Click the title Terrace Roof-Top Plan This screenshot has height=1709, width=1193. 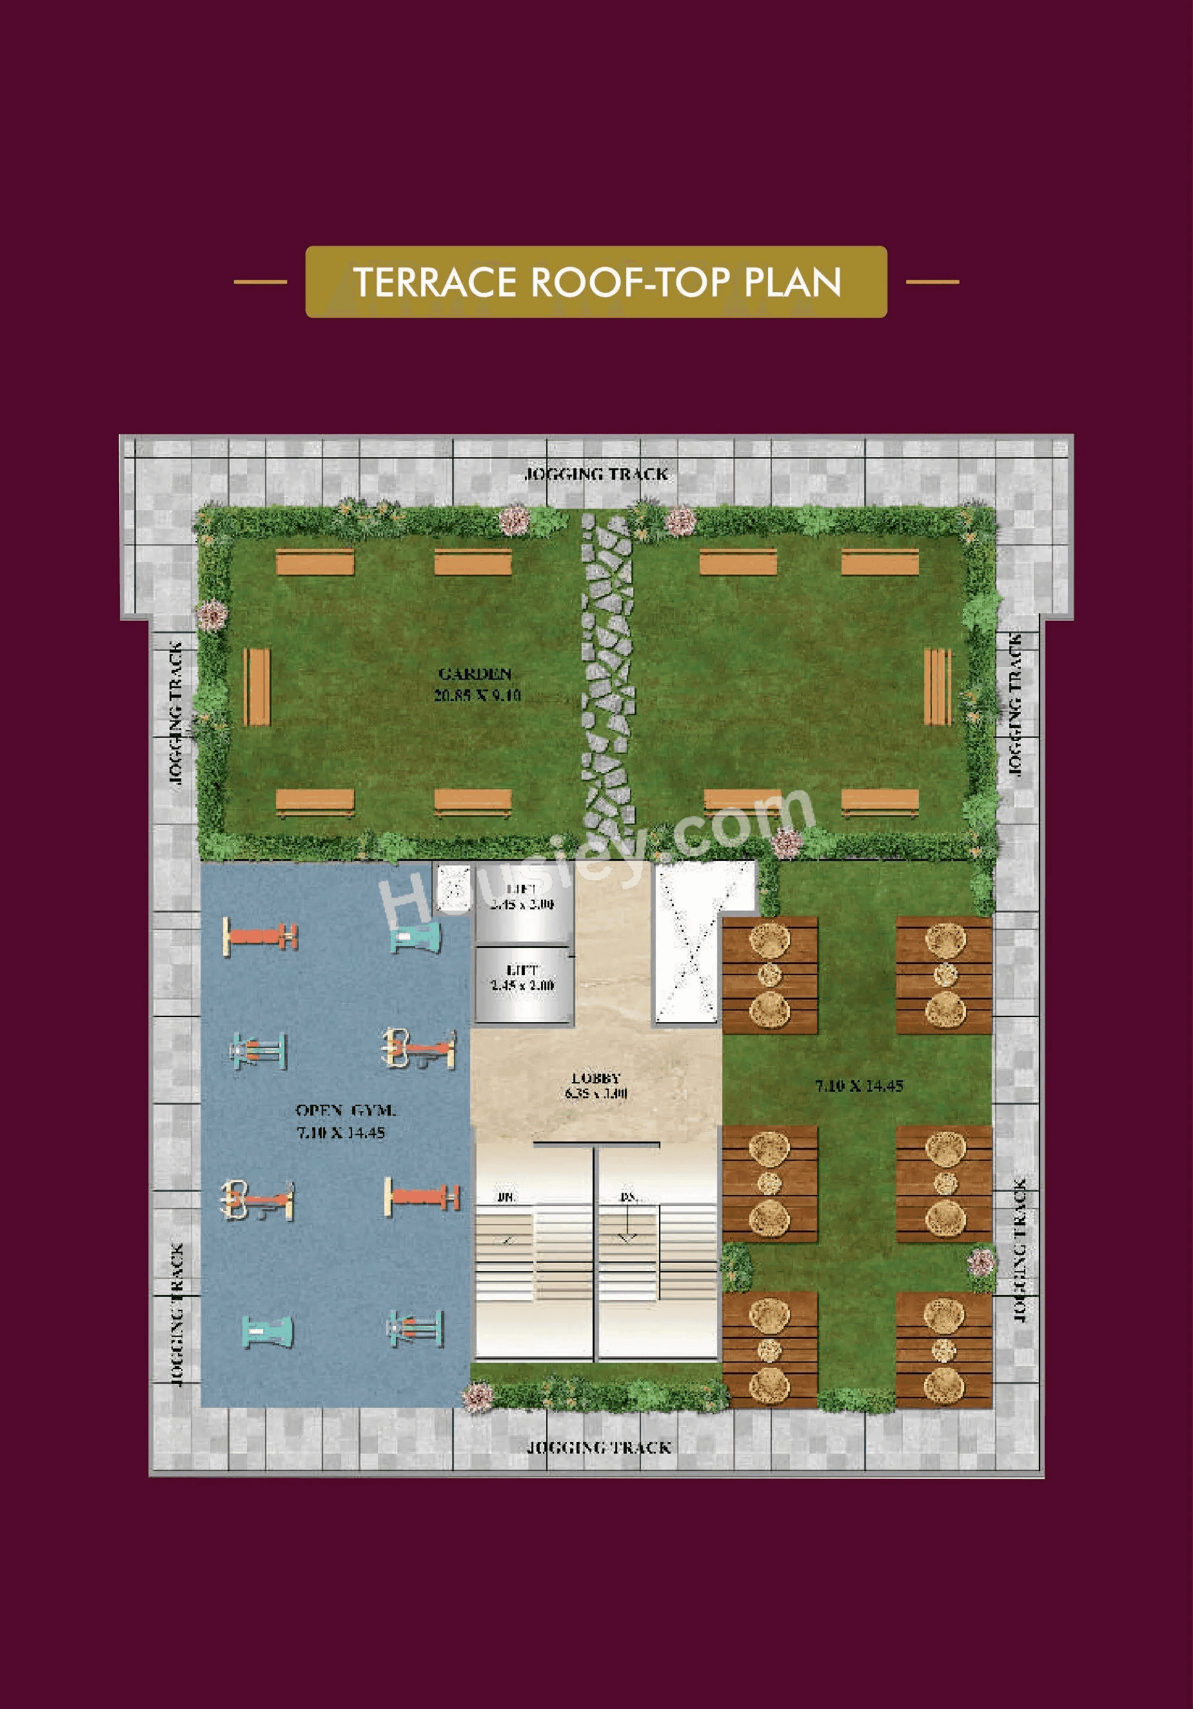pos(596,281)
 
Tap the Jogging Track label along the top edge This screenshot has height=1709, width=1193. pos(596,474)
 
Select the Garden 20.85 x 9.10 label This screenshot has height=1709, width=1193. pos(477,685)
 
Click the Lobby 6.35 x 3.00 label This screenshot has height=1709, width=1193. pos(595,1085)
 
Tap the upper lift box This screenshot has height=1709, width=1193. pos(523,899)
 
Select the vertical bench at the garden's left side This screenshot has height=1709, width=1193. pos(257,686)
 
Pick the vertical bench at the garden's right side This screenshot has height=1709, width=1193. pos(937,686)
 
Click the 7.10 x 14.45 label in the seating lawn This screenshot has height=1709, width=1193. pos(859,1086)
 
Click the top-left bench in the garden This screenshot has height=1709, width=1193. pos(314,562)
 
